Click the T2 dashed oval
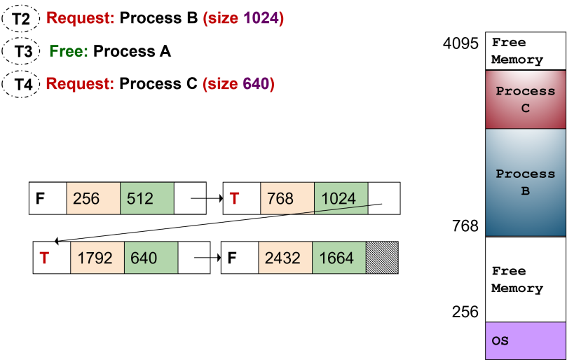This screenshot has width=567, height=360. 20,18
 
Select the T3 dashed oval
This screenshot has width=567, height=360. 20,51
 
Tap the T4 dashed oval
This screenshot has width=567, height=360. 20,84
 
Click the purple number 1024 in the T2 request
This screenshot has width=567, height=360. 261,18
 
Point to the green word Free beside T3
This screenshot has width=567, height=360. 69,51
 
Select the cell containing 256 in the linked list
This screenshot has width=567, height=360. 93,198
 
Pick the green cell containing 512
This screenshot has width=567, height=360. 146,198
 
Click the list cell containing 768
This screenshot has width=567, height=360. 287,198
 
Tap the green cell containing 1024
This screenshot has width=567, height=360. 341,198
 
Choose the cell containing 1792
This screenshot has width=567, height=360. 97,258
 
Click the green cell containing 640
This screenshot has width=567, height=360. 151,258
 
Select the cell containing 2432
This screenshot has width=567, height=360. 285,258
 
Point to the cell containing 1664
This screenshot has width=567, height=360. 339,258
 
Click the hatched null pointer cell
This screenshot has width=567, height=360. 382,258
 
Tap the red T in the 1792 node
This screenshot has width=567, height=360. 44,258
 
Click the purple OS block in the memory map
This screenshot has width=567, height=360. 526,340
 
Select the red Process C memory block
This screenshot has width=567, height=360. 526,99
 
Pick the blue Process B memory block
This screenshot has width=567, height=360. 526,183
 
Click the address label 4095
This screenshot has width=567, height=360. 460,43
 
